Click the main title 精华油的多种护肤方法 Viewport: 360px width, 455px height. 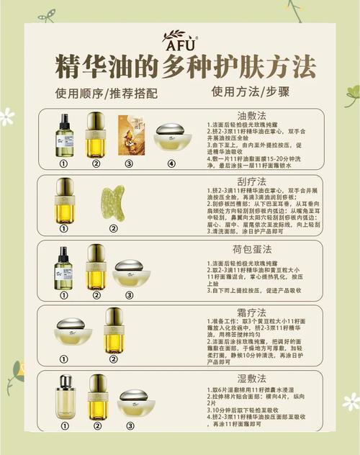186,68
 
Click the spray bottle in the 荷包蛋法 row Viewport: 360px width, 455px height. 63,268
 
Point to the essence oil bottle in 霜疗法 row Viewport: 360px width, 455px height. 114,330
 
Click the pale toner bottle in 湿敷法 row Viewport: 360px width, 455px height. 66,397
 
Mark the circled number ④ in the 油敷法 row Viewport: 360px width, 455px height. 171,163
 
